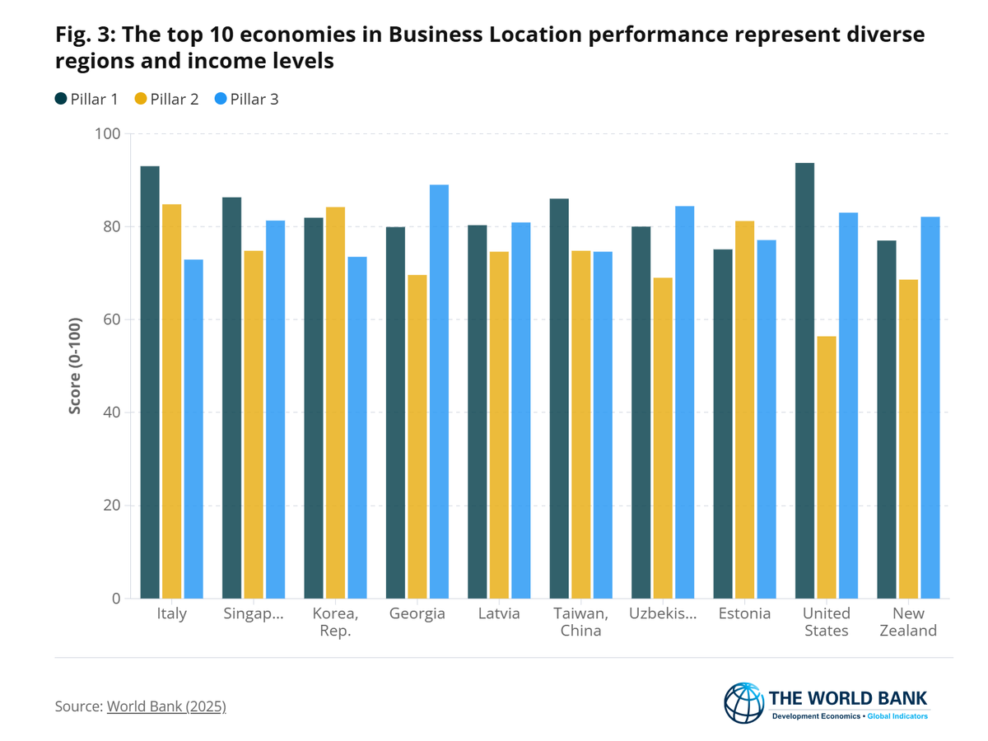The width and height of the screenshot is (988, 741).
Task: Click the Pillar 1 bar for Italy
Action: pos(150,382)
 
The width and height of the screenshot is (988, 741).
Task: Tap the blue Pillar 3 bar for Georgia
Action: pos(439,391)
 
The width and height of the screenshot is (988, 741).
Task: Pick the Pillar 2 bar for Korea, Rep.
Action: pos(335,403)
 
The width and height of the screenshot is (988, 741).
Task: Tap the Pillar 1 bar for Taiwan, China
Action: pos(559,398)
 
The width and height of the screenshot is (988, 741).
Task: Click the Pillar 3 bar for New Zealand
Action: pos(930,408)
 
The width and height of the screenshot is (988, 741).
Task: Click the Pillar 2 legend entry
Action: pos(167,100)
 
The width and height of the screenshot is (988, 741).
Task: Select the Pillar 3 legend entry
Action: pos(247,100)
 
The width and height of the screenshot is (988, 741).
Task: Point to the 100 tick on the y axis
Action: pos(108,134)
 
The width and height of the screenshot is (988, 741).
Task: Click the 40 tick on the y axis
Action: pos(111,412)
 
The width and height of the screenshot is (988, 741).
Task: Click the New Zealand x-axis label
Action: pos(909,622)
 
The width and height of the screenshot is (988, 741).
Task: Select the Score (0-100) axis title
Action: pos(76,366)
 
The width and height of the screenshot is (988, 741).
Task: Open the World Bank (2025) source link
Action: pos(166,706)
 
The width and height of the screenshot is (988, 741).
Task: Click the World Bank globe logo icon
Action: pos(743,703)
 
